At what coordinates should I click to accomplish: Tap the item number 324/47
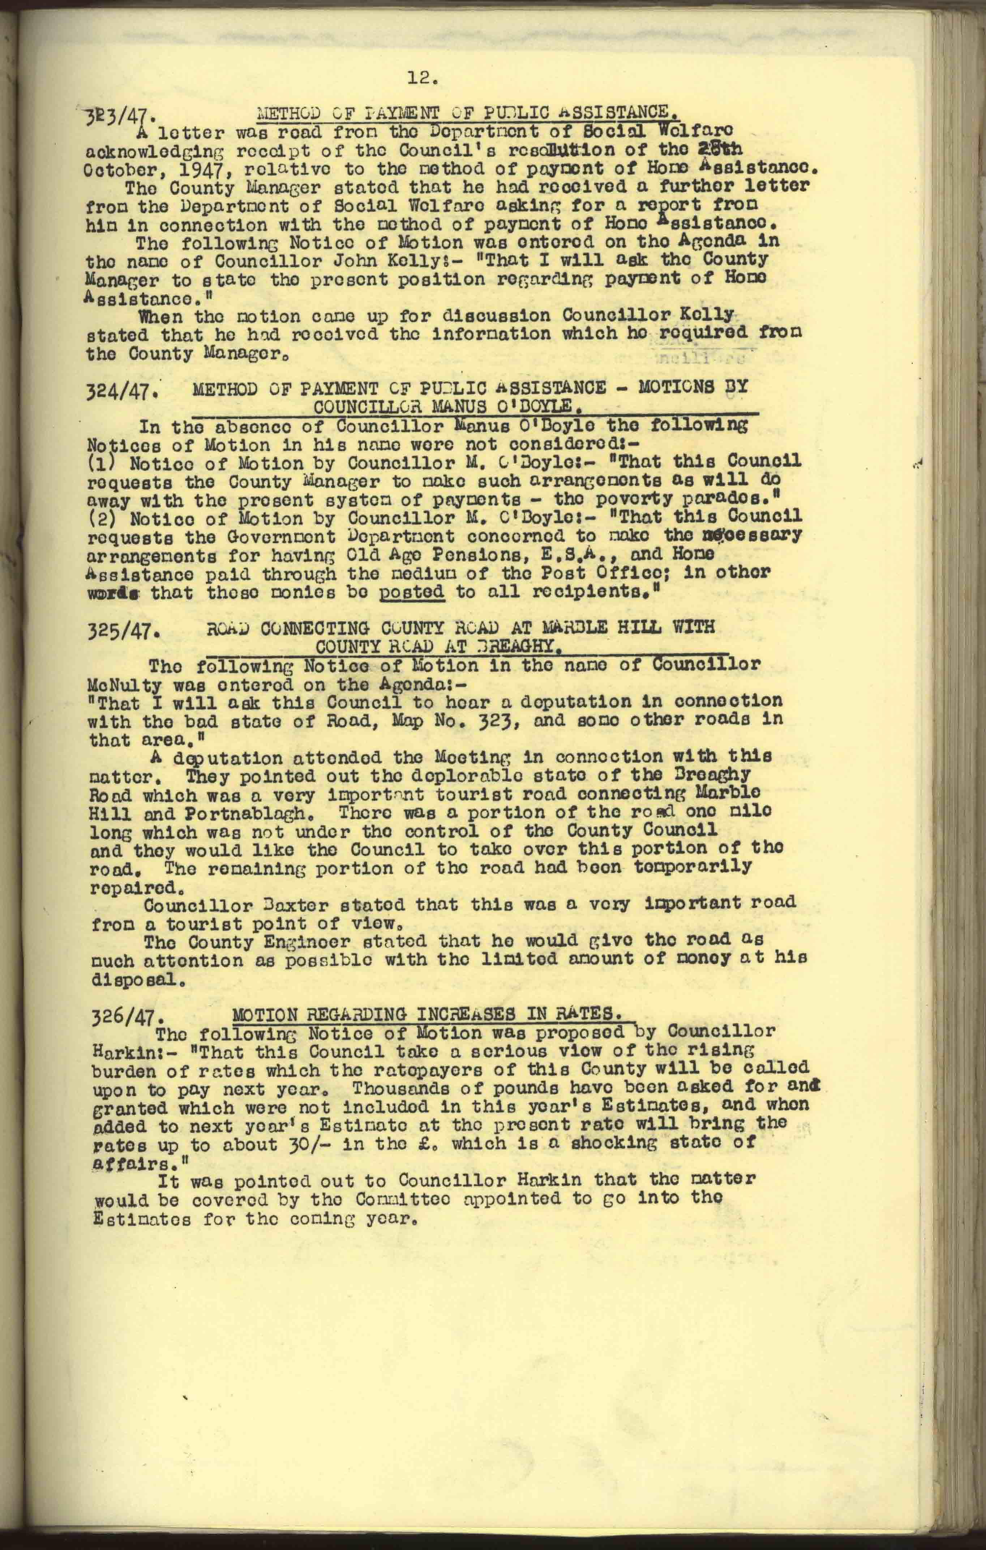pyautogui.click(x=122, y=391)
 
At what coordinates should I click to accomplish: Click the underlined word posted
pyautogui.click(x=412, y=592)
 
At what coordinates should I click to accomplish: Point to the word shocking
pyautogui.click(x=623, y=1144)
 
